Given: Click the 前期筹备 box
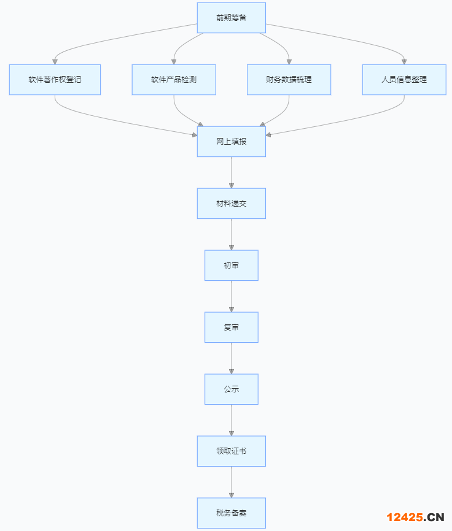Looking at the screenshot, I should pyautogui.click(x=231, y=18).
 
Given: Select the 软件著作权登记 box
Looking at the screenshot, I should pyautogui.click(x=55, y=80).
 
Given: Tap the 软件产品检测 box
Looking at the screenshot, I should pyautogui.click(x=174, y=80).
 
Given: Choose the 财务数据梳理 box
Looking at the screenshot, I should pyautogui.click(x=289, y=80).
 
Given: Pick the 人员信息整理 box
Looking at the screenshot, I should pyautogui.click(x=404, y=80).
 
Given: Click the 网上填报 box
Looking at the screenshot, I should pyautogui.click(x=231, y=142).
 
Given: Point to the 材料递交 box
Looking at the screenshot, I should pyautogui.click(x=231, y=204).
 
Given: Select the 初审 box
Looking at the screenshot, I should pyautogui.click(x=231, y=265).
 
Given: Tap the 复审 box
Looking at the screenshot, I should pyautogui.click(x=231, y=327).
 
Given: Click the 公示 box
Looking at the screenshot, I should pyautogui.click(x=231, y=389).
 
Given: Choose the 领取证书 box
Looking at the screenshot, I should pyautogui.click(x=231, y=451).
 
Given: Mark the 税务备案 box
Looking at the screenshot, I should pyautogui.click(x=231, y=513).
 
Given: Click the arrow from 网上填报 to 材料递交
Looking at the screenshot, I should pyautogui.click(x=232, y=172).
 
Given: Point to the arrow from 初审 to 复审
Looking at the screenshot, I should pyautogui.click(x=232, y=296).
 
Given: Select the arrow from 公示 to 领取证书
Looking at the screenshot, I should pyautogui.click(x=232, y=420).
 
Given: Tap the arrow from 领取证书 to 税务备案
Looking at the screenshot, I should pyautogui.click(x=232, y=482).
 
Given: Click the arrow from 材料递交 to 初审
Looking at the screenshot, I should pyautogui.click(x=232, y=234).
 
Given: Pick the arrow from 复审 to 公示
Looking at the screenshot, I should pyautogui.click(x=232, y=358).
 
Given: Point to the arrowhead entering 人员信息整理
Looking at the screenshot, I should pyautogui.click(x=404, y=61).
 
